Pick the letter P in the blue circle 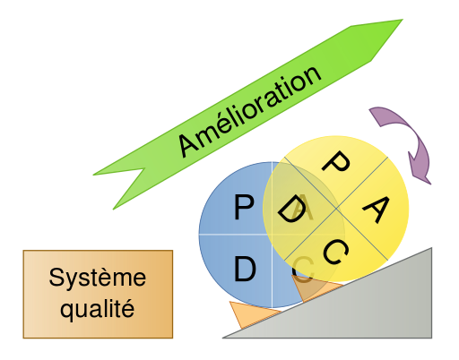tap(243, 209)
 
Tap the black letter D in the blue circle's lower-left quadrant tap(244, 269)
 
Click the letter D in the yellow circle tap(291, 211)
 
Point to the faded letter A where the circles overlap tap(304, 211)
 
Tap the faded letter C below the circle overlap tap(304, 266)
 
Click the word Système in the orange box tap(97, 278)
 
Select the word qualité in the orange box tap(97, 310)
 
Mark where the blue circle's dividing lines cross tap(272, 234)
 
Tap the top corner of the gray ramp tap(431, 249)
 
